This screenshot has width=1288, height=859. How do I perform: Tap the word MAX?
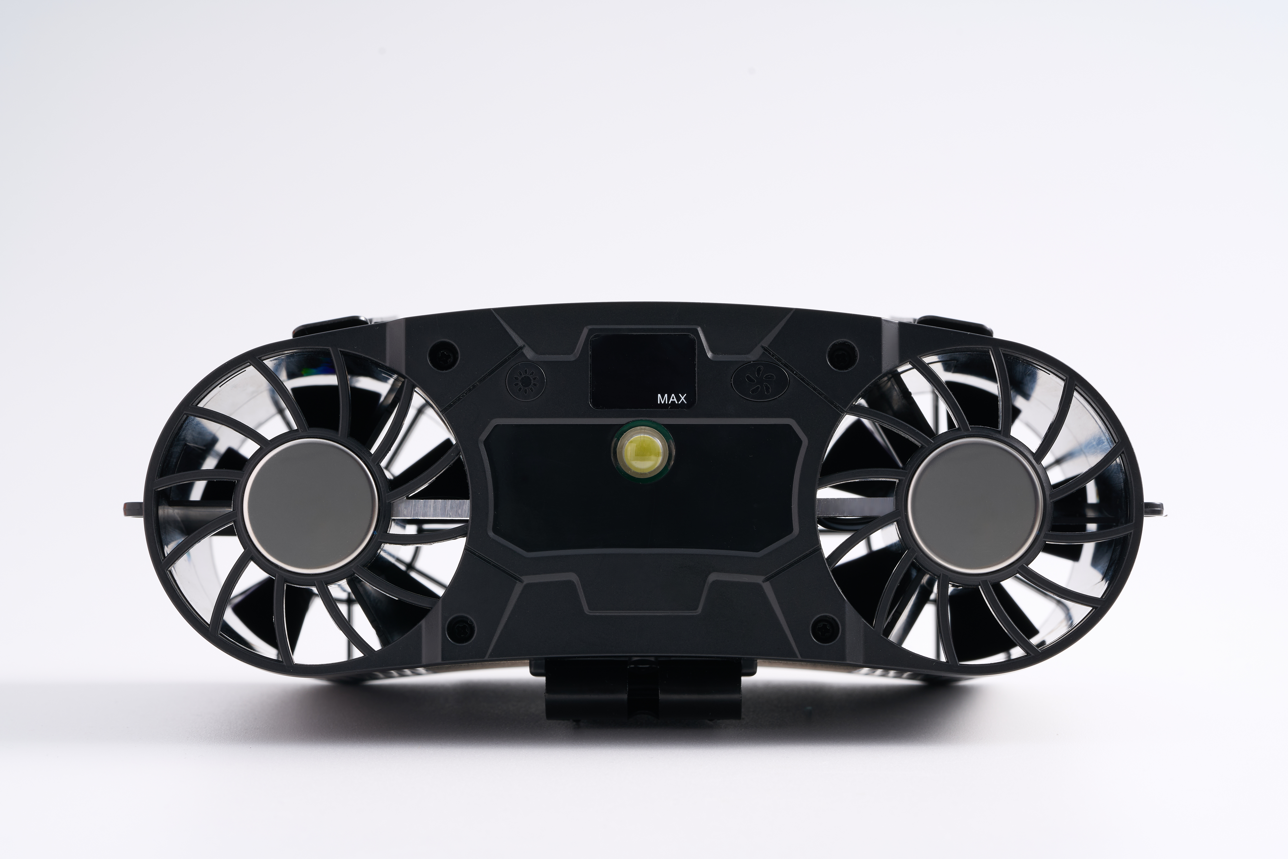click(672, 399)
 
